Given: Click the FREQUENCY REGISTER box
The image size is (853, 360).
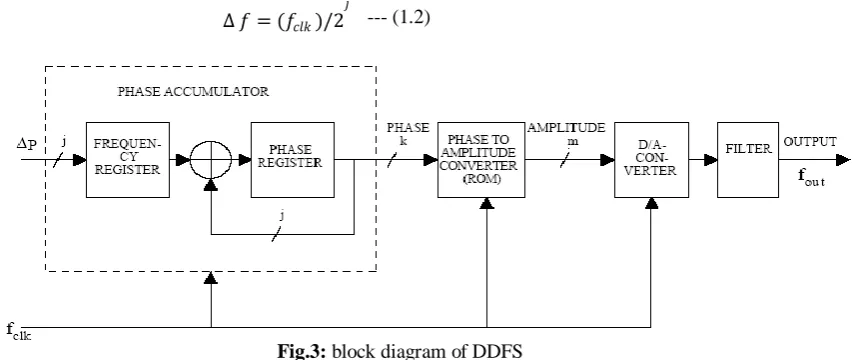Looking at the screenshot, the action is click(128, 160).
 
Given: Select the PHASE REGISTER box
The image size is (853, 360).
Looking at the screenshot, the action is click(292, 160).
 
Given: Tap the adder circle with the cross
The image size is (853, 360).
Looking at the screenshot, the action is click(211, 160).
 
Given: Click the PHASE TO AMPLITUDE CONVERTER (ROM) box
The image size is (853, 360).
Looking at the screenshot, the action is click(481, 160).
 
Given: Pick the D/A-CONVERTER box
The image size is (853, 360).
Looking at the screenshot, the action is click(651, 160).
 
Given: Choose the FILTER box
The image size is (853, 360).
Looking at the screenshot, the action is click(748, 160).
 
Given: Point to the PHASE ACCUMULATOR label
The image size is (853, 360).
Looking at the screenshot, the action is click(193, 91).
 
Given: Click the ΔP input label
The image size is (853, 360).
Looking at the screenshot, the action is click(27, 144).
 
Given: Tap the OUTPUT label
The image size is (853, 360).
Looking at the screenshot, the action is click(810, 142).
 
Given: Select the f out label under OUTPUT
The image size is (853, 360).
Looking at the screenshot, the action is click(811, 177).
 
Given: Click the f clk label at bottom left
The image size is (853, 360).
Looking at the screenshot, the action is click(18, 331).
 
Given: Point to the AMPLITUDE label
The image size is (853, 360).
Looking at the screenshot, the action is click(566, 128).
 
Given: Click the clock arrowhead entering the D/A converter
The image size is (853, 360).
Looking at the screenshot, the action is click(651, 203).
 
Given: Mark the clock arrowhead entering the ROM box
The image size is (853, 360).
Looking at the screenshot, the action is click(487, 203).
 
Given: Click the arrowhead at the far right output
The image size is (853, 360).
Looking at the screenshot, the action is click(843, 160).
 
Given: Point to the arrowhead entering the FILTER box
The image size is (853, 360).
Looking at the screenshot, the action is click(710, 160).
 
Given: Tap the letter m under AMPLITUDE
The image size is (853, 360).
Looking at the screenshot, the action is click(572, 142).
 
